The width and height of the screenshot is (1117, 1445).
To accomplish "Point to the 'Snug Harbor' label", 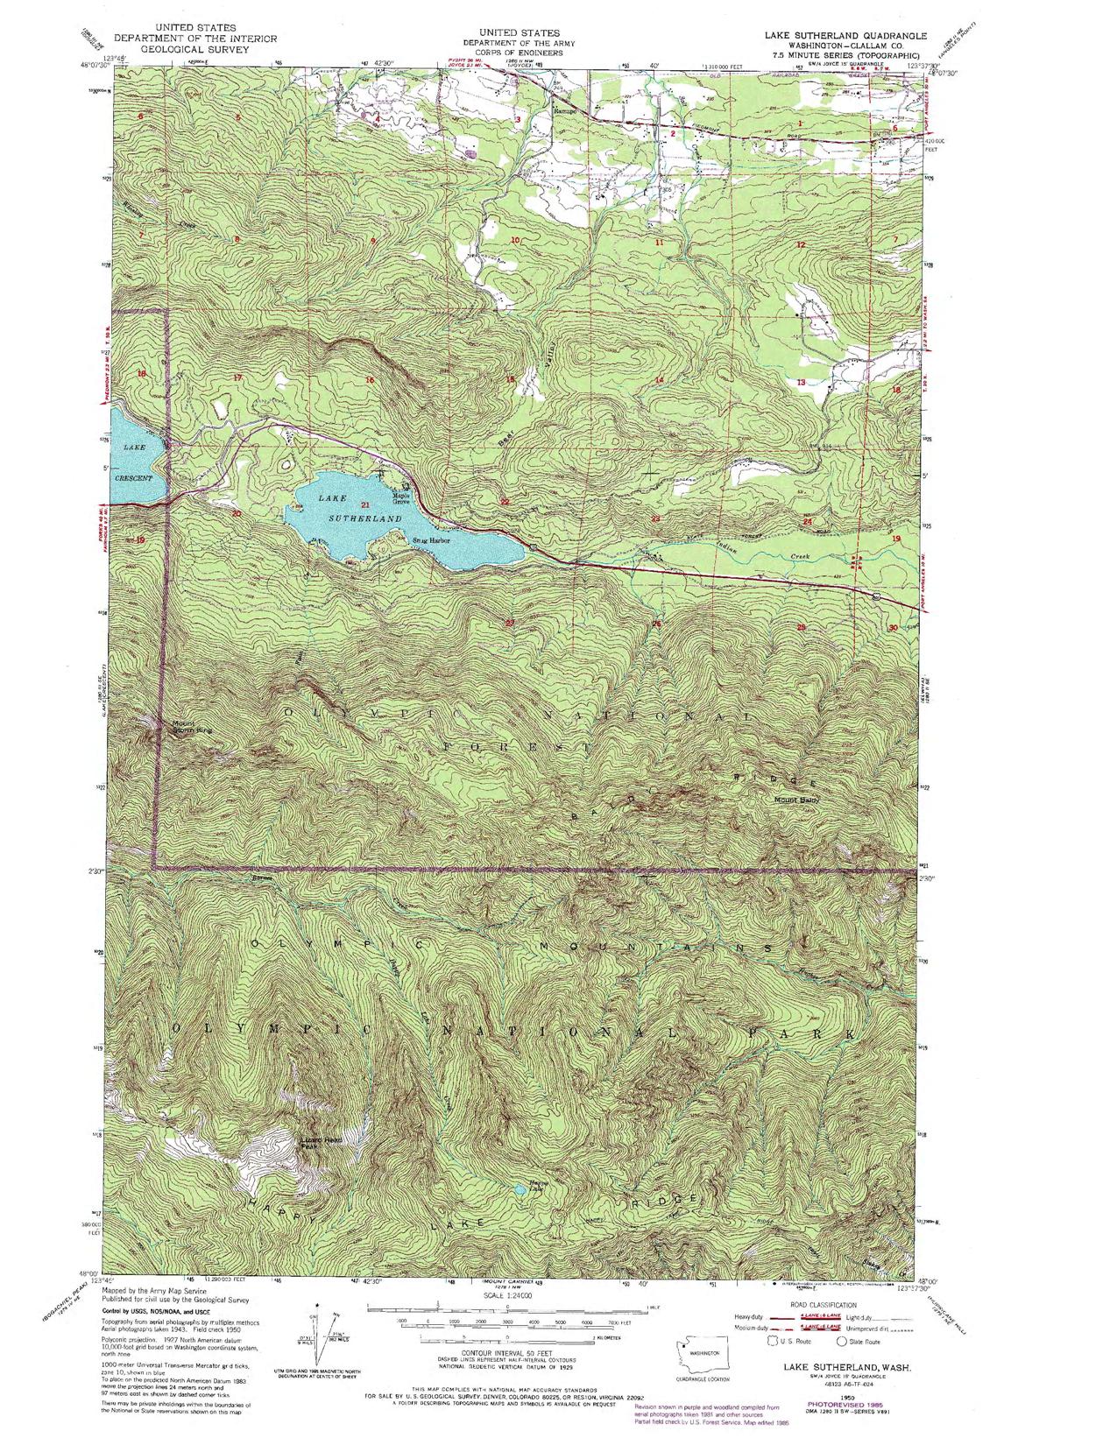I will tap(431, 541).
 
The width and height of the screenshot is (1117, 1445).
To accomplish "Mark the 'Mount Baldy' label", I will tap(795, 799).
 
